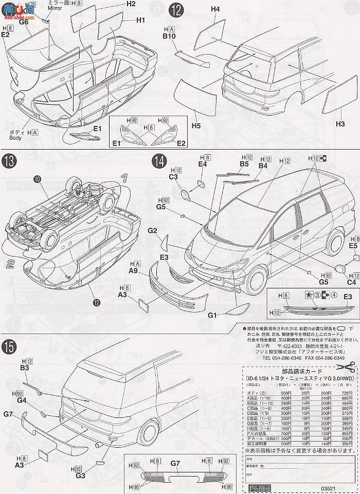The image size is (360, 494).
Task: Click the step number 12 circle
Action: pyautogui.click(x=175, y=10)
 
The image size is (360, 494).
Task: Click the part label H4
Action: pyautogui.click(x=215, y=9)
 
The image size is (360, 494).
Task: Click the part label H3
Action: pyautogui.click(x=340, y=123)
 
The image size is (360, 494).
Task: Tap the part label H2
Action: pyautogui.click(x=130, y=4)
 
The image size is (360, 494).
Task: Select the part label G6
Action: pyautogui.click(x=24, y=22)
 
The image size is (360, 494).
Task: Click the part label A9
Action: pyautogui.click(x=134, y=270)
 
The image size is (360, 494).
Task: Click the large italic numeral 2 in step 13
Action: pyautogui.click(x=10, y=264)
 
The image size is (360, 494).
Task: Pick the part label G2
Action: pyautogui.click(x=152, y=231)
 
